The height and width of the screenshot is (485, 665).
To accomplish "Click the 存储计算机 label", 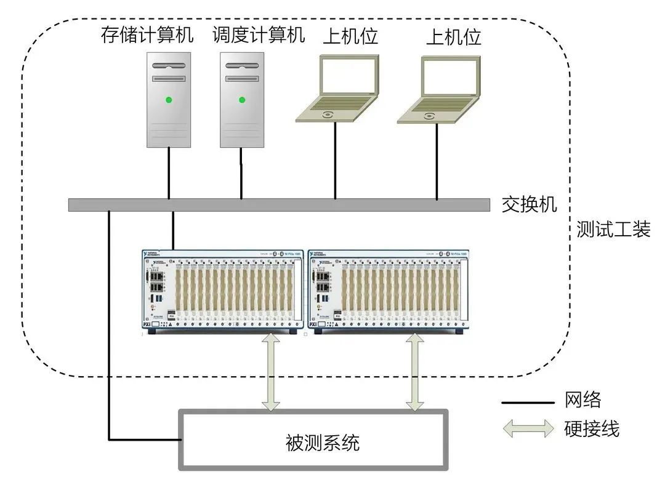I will (x=147, y=35).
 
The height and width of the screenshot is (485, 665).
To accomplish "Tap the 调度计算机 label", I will (x=259, y=35).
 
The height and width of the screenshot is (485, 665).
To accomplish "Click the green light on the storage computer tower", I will (x=168, y=100).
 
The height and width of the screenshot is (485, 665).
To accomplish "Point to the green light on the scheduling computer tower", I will (x=242, y=100).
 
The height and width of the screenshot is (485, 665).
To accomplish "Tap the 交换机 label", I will (x=529, y=204).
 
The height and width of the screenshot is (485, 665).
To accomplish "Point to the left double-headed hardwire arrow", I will (x=270, y=372).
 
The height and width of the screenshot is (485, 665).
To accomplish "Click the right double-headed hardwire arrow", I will (x=415, y=372).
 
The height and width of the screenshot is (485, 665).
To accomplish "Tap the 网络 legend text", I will (x=582, y=401).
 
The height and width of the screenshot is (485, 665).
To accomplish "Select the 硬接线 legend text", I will (x=592, y=428).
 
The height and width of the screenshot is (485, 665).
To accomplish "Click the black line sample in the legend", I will (x=528, y=403).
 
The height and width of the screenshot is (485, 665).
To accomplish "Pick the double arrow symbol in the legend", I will (x=528, y=428).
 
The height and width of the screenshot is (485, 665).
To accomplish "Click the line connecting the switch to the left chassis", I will (x=173, y=230).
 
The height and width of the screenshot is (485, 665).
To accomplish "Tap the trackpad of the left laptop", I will (x=327, y=114).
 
